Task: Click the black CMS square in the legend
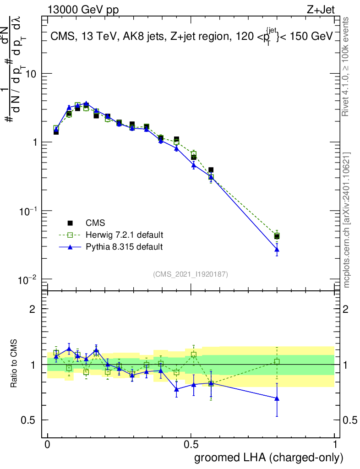tap(70, 223)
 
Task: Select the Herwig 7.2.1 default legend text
tap(124, 235)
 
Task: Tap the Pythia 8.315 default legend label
tap(124, 247)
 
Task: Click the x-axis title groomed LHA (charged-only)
tap(269, 457)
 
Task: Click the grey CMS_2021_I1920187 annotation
tap(191, 274)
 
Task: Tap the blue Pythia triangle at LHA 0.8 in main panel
tap(277, 249)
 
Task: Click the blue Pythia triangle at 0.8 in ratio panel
tap(277, 398)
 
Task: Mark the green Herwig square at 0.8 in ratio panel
tap(277, 362)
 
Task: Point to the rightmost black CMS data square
tap(277, 236)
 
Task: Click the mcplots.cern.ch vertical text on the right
tap(347, 220)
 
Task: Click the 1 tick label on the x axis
tap(335, 444)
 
